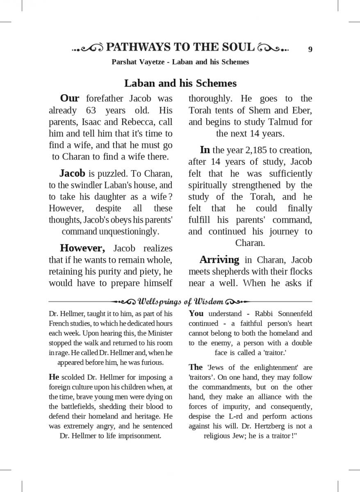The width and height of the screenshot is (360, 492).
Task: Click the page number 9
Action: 310,50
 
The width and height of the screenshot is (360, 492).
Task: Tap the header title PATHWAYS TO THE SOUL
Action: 180,48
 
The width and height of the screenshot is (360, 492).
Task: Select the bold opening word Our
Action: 70,98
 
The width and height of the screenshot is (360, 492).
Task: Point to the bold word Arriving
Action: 219,260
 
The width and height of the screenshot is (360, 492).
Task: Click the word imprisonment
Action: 140,436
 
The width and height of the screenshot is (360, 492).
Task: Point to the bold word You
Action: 196,314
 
